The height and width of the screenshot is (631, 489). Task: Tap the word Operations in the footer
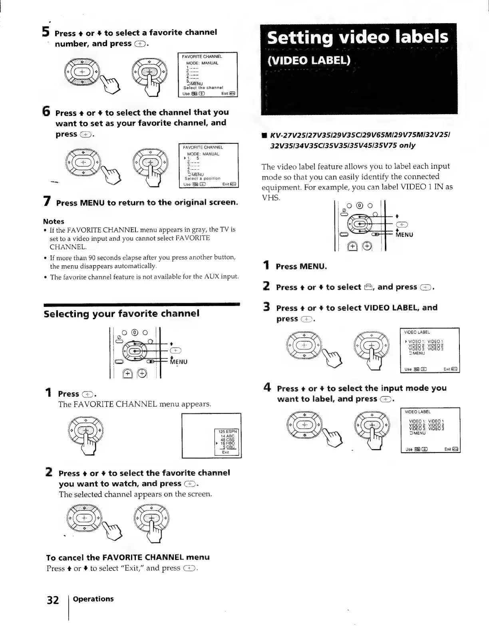click(93, 599)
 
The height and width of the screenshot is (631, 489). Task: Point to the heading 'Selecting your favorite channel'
click(121, 314)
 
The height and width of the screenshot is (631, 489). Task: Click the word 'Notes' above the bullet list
click(54, 221)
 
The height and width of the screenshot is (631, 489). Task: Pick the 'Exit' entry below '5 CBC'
click(225, 452)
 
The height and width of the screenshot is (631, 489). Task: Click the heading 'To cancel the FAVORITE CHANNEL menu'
click(128, 557)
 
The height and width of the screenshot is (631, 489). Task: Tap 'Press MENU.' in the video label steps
click(301, 266)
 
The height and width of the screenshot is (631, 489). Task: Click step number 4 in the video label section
click(267, 388)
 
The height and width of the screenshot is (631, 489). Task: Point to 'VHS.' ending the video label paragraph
click(270, 198)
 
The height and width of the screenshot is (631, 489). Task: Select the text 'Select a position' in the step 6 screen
click(203, 178)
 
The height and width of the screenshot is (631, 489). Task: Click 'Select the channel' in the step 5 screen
click(203, 87)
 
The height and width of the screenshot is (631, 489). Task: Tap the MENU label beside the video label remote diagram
click(404, 235)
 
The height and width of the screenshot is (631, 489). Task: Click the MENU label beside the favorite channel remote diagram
click(179, 362)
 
